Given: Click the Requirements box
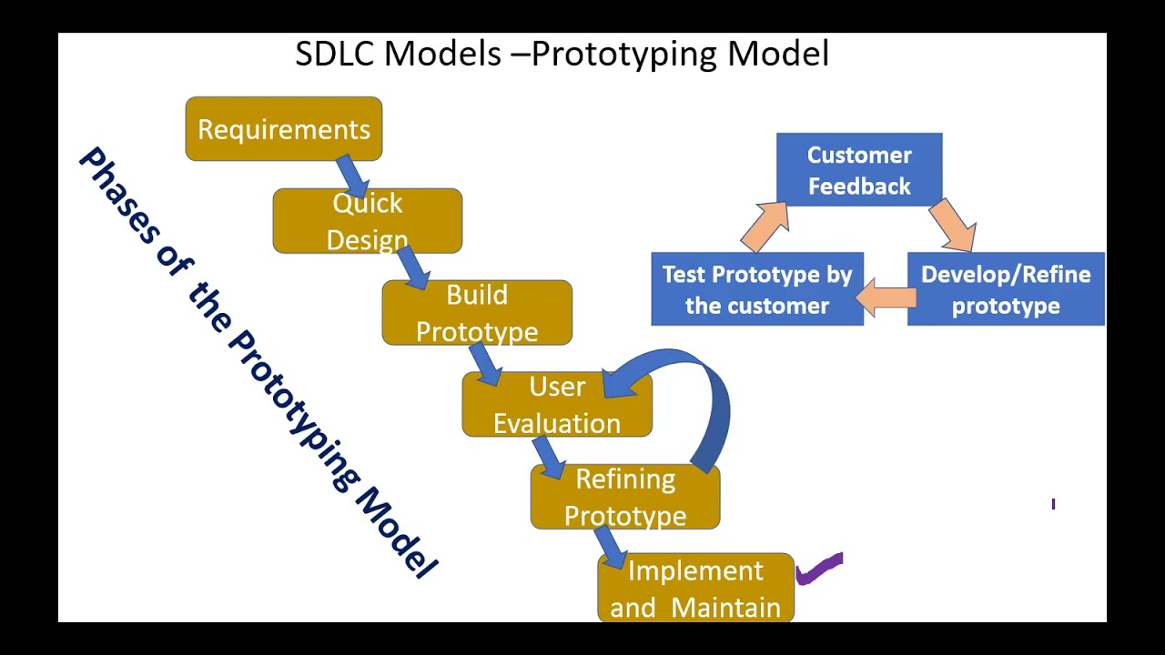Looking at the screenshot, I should point(283,129).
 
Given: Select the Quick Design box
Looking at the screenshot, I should point(367,221).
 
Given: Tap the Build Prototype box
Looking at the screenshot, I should point(477,313).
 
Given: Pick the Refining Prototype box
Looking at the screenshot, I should point(625,498).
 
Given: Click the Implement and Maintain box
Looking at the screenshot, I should point(695,589).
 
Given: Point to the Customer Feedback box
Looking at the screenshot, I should point(859,170).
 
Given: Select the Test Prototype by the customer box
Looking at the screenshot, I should point(757,289).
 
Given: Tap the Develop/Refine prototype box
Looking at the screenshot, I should point(1006,289).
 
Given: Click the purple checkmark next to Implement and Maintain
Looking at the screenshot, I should point(820,569).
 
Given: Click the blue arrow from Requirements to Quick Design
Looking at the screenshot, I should point(356,177).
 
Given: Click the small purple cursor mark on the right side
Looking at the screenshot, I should point(1053,504).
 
